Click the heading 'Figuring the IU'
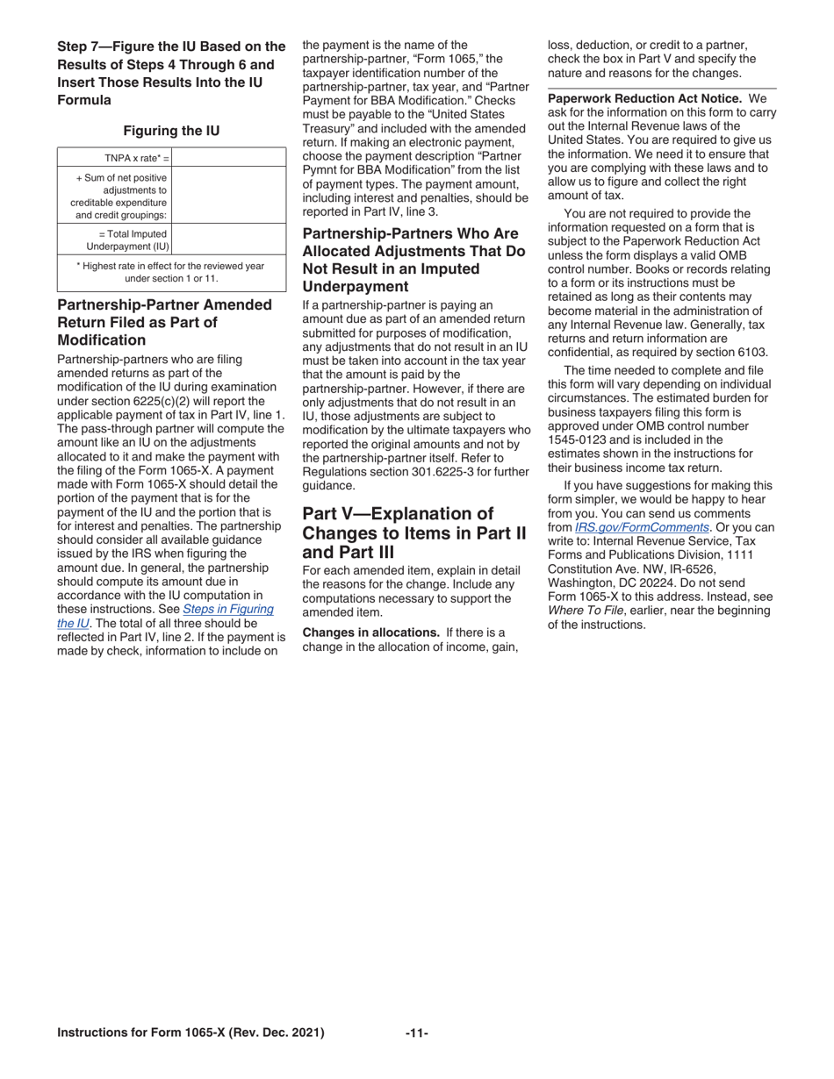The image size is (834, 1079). click(x=171, y=131)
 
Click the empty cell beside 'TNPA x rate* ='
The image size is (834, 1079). click(x=228, y=158)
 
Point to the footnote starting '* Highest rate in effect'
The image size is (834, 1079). click(x=171, y=271)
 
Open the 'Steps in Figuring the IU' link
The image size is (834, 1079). click(x=227, y=608)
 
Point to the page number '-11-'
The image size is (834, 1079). click(x=417, y=1033)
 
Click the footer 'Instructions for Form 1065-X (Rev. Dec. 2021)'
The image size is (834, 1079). click(x=191, y=1033)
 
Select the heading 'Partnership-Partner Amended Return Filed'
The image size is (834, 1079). click(x=165, y=322)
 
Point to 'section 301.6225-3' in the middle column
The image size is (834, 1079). click(x=413, y=471)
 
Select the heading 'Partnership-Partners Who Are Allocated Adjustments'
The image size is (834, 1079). click(x=413, y=261)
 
